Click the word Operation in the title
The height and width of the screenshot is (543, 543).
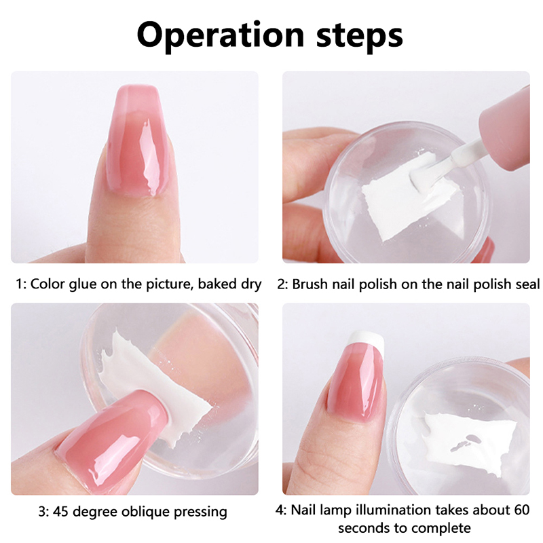pyautogui.click(x=221, y=35)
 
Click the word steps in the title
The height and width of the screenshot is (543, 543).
pyautogui.click(x=360, y=37)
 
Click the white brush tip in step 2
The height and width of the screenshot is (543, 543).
pyautogui.click(x=420, y=178)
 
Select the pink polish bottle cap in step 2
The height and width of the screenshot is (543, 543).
pyautogui.click(x=505, y=130)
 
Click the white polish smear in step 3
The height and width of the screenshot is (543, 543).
pyautogui.click(x=156, y=388)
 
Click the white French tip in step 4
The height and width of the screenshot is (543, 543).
pyautogui.click(x=366, y=338)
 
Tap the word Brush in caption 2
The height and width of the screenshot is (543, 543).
pyautogui.click(x=310, y=284)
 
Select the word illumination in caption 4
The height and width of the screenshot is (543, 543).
pyautogui.click(x=390, y=510)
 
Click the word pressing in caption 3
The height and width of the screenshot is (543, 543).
pyautogui.click(x=200, y=512)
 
